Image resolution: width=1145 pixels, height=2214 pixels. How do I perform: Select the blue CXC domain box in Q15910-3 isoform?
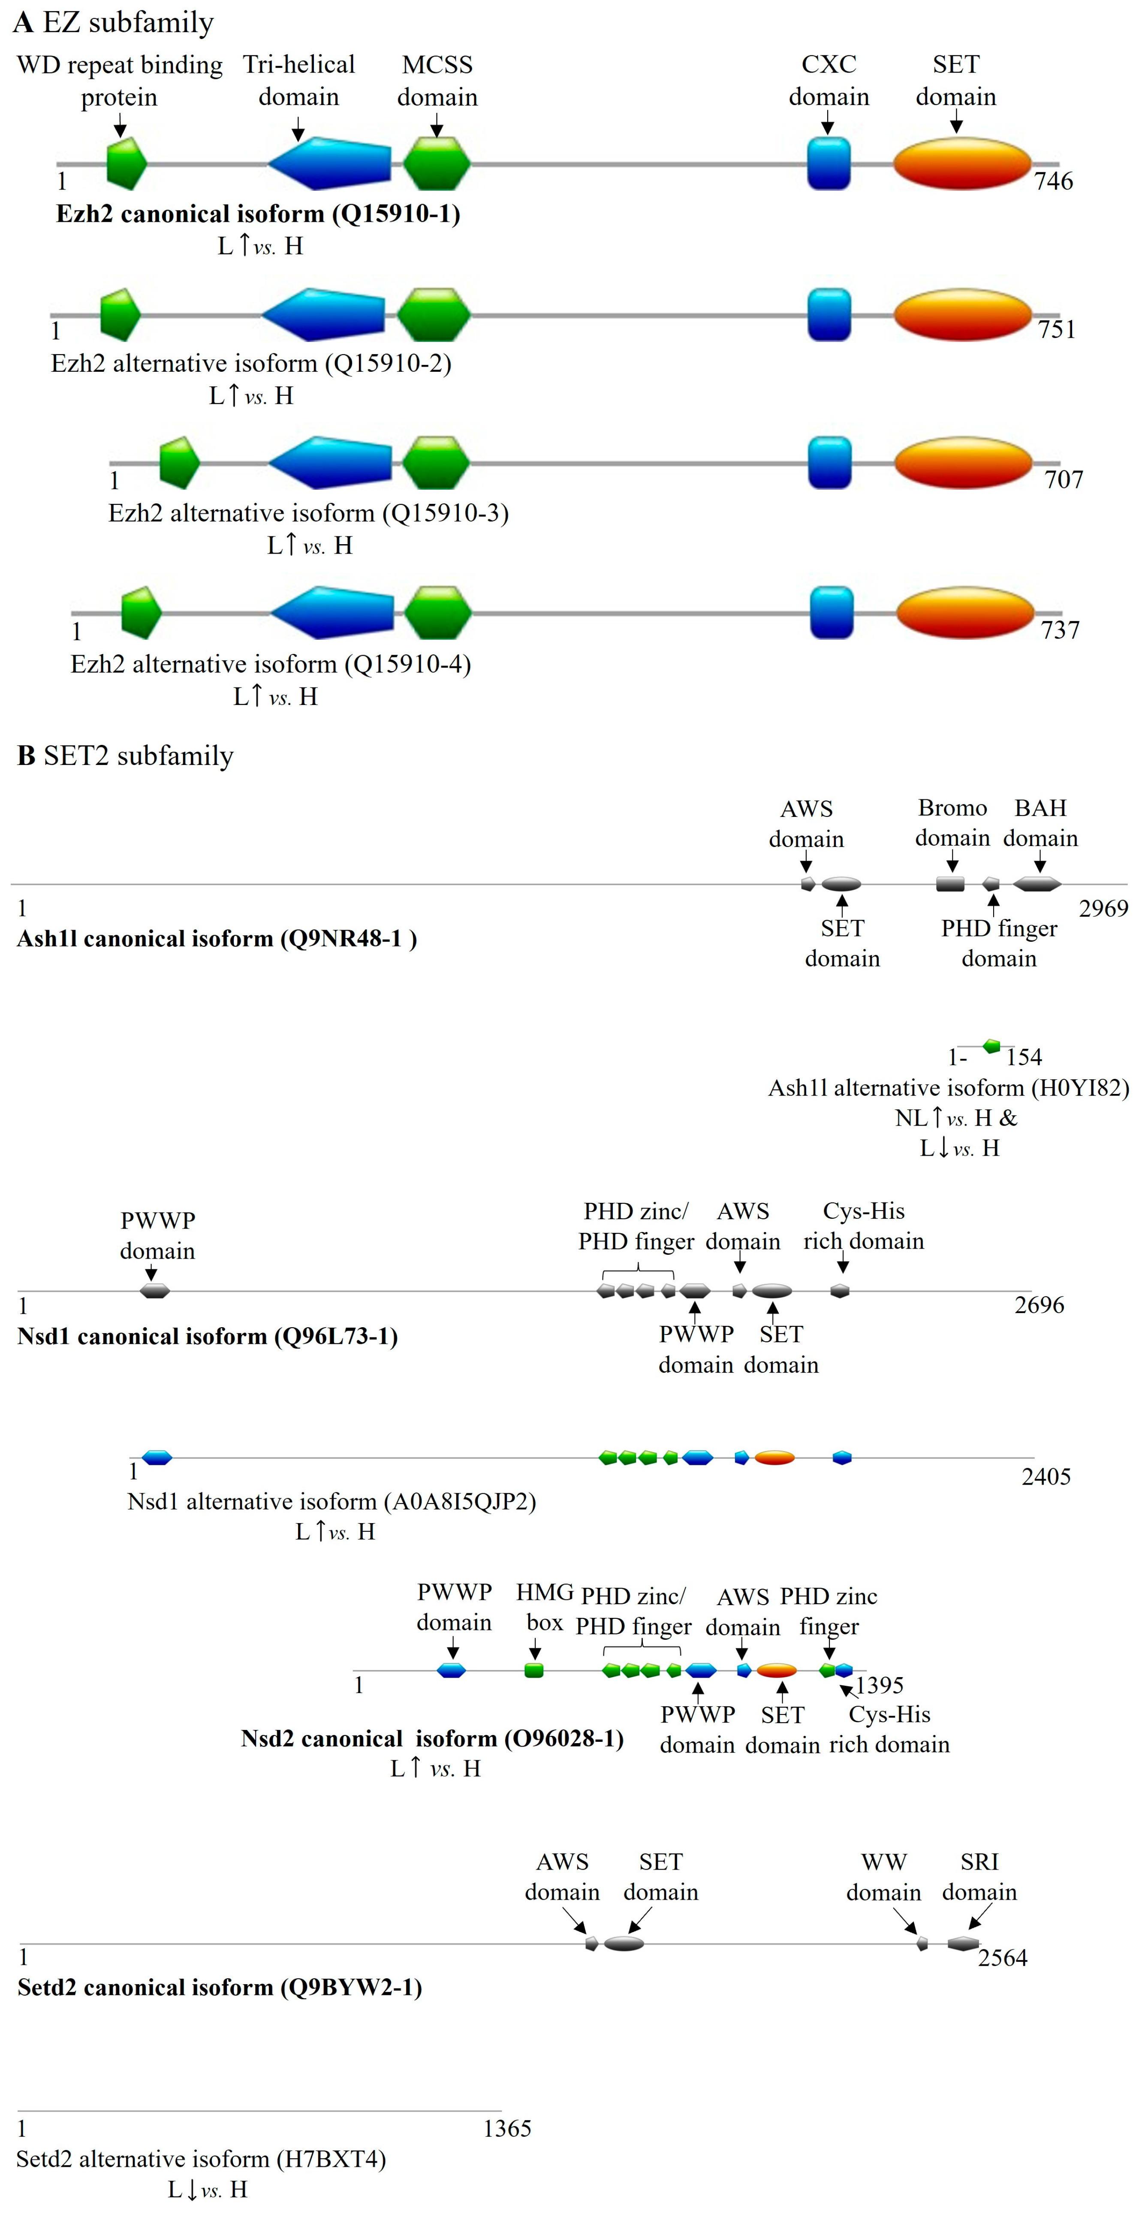click(x=829, y=462)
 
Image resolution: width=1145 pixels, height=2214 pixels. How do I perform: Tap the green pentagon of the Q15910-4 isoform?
click(x=140, y=613)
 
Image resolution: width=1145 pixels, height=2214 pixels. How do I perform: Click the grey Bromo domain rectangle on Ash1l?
click(x=950, y=883)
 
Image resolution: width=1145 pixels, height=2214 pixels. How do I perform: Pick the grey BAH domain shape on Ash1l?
click(x=1037, y=883)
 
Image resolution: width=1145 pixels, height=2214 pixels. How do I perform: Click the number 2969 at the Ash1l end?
click(x=1103, y=909)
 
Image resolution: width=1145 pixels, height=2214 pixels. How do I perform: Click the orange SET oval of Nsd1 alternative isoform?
click(x=774, y=1458)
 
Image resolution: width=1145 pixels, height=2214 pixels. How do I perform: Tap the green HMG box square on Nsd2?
click(x=534, y=1670)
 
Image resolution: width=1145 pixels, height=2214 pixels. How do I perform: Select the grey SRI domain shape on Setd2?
click(x=963, y=1943)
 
